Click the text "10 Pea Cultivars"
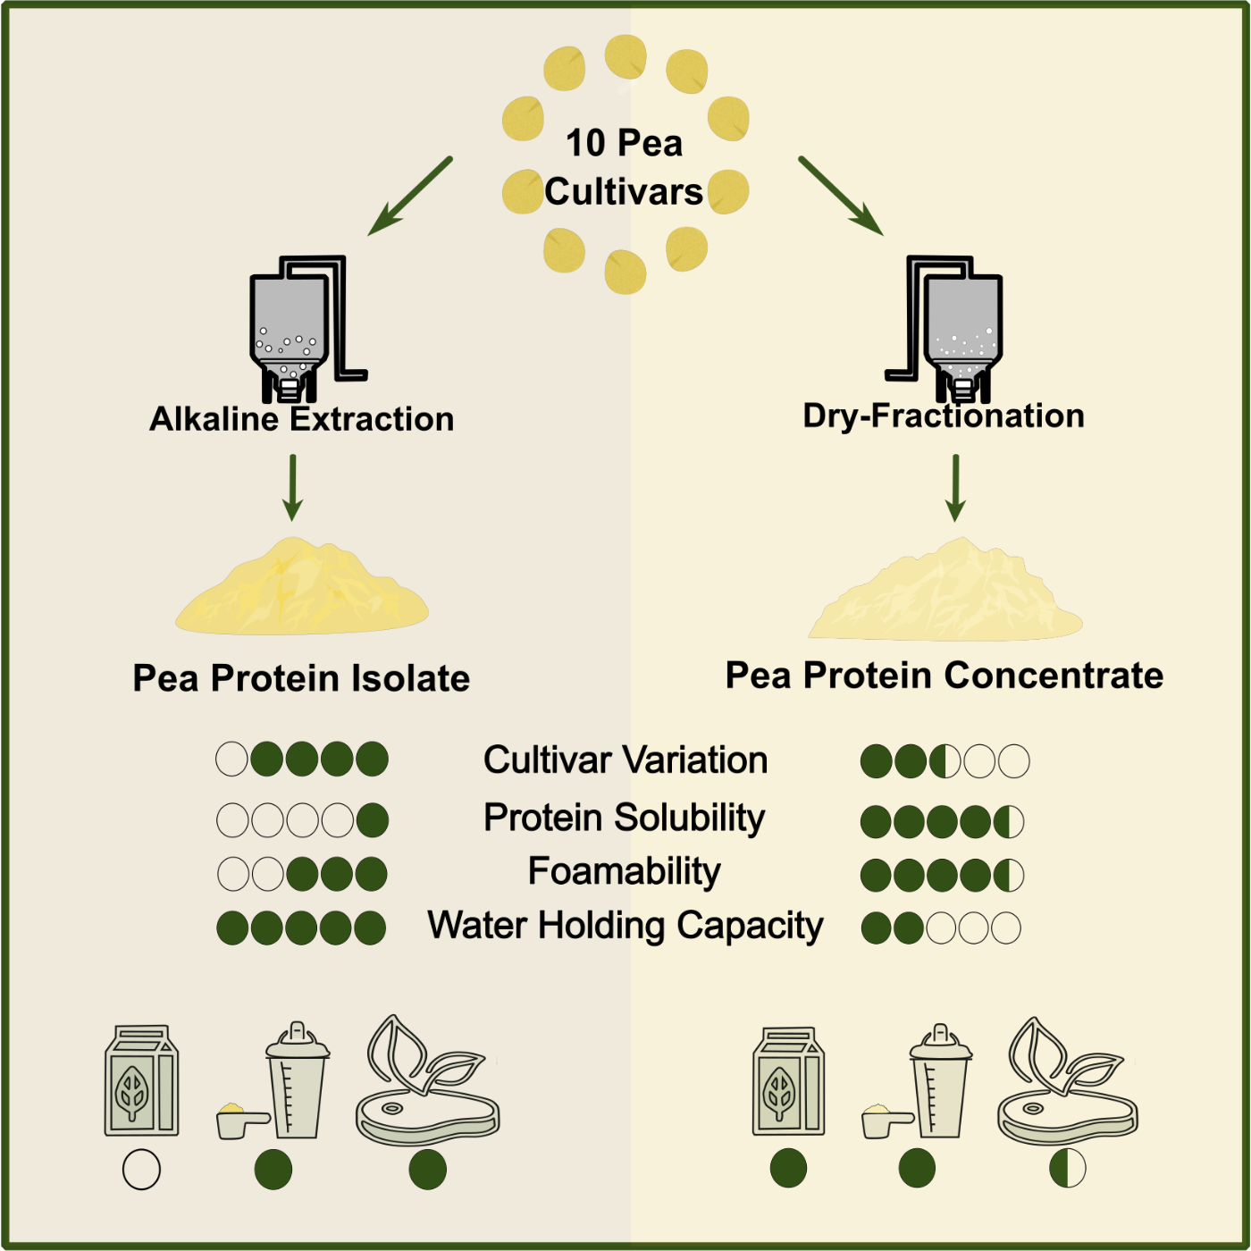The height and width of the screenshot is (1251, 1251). pos(625,167)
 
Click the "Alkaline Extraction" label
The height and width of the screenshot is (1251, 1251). pos(302,419)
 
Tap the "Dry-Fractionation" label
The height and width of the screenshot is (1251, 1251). pos(944,416)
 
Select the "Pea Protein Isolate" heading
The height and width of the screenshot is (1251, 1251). pos(301,678)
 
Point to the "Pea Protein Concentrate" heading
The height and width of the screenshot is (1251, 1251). pos(945,676)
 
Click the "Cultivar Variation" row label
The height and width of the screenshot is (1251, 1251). pos(625,760)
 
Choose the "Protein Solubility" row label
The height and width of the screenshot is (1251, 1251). pos(625,818)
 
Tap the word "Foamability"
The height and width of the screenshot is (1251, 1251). pos(625,871)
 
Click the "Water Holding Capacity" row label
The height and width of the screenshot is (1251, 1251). pos(625,926)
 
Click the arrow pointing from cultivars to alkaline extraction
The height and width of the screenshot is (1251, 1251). pos(410,197)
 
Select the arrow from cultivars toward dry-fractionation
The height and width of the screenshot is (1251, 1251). pos(841,197)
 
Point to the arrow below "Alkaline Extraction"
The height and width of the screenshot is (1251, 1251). pos(292,488)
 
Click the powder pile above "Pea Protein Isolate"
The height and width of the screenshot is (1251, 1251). pos(302,590)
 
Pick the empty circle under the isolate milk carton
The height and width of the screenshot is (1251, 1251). pos(141,1170)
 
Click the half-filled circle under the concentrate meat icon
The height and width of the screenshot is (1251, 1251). pos(1068,1168)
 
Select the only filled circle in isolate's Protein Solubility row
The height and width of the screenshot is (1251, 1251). pos(373,819)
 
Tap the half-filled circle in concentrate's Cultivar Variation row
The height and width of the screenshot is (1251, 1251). pos(945,761)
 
